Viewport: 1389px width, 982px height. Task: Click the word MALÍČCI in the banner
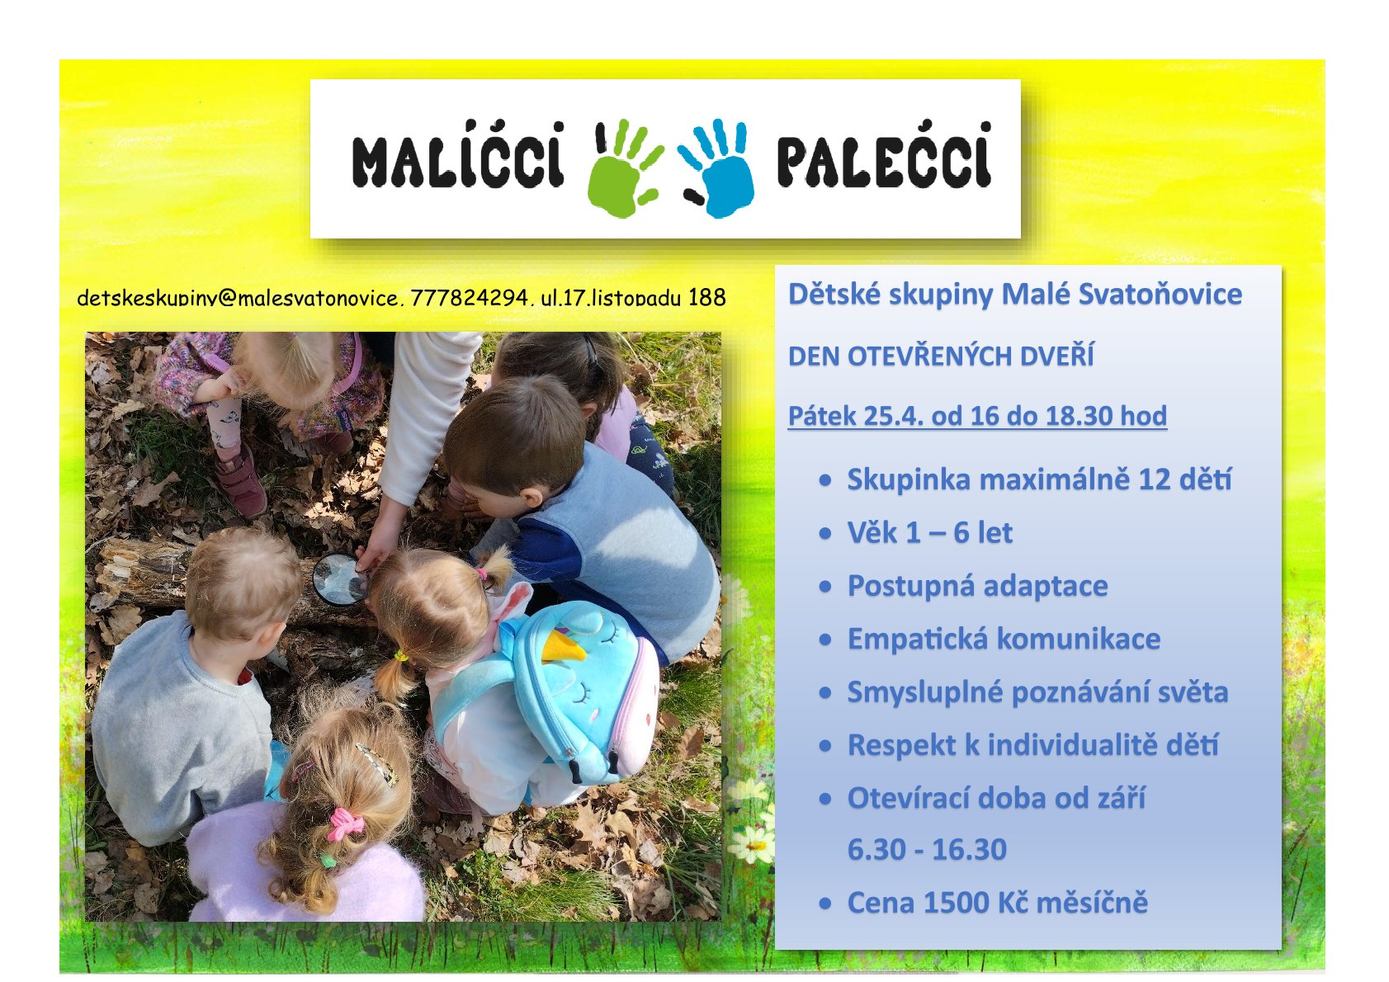(x=458, y=155)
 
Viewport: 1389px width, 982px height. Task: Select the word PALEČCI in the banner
(x=884, y=155)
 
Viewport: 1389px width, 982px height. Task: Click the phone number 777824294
(x=468, y=298)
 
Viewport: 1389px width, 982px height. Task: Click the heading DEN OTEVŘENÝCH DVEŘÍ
(x=941, y=356)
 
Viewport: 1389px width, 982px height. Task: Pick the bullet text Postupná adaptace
(x=977, y=586)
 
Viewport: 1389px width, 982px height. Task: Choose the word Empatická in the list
(x=917, y=640)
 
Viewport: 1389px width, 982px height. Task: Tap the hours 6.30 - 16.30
(x=927, y=849)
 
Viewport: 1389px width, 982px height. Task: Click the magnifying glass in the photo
(x=340, y=578)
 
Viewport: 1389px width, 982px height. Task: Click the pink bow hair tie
(x=346, y=824)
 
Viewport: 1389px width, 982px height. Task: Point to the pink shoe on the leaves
(x=241, y=480)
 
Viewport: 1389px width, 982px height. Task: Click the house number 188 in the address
(x=707, y=298)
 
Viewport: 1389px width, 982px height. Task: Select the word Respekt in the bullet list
(x=901, y=746)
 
